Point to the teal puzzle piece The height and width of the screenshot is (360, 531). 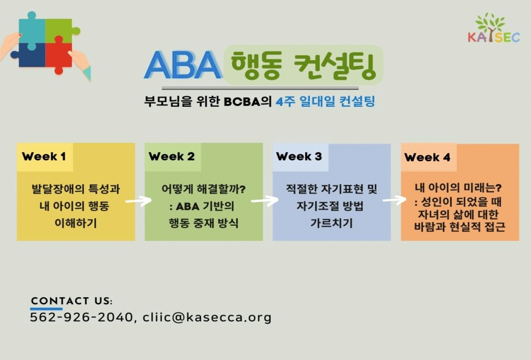(x=32, y=30)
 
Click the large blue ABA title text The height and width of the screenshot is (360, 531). (x=183, y=65)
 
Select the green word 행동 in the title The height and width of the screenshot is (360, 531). (x=256, y=65)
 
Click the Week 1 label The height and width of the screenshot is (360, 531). (x=44, y=157)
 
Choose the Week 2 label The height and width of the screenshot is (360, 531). (x=172, y=157)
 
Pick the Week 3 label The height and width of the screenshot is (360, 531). (x=299, y=157)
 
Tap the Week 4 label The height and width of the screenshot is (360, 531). (x=427, y=158)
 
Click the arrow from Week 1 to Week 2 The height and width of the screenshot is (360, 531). (x=138, y=201)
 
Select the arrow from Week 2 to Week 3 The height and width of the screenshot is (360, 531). (x=265, y=201)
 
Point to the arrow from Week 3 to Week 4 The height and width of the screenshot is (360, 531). (x=394, y=200)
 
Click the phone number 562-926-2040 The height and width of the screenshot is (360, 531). (x=81, y=317)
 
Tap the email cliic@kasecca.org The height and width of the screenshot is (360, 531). (x=207, y=318)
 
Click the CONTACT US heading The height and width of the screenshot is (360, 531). (x=72, y=301)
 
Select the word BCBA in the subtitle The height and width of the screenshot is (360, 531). (x=242, y=102)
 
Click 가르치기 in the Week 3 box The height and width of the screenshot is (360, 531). (x=332, y=223)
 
